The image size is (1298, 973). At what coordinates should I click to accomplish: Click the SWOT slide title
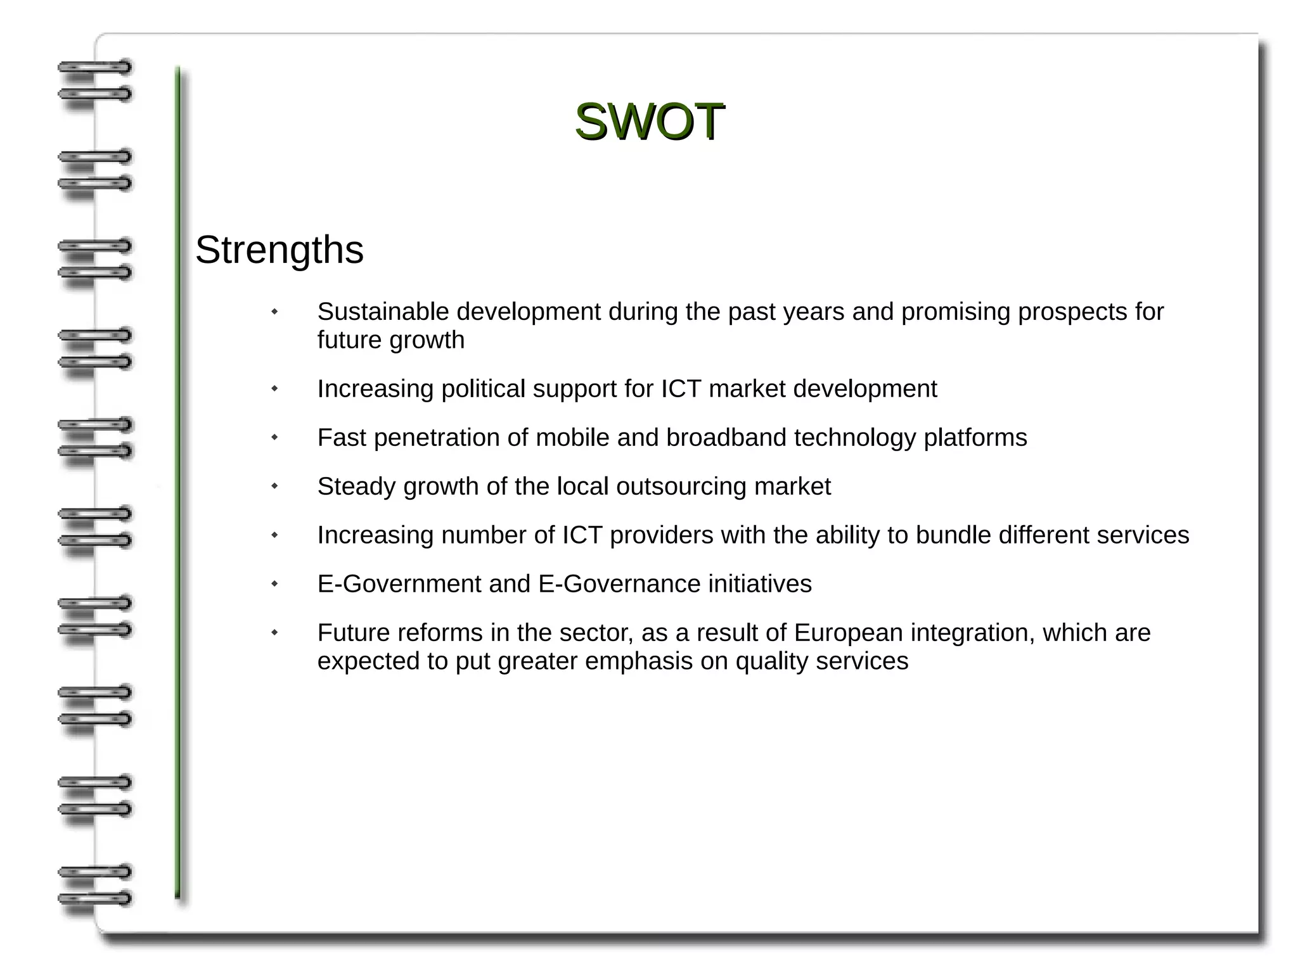649,121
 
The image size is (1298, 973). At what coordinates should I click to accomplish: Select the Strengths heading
280,250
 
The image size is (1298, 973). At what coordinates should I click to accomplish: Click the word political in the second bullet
483,389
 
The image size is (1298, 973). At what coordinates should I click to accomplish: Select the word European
848,633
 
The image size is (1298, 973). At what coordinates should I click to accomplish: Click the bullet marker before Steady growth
274,486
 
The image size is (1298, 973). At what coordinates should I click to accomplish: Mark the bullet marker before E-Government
274,583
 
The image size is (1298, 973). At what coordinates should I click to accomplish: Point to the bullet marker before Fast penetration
274,437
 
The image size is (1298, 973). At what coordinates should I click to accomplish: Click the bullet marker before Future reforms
274,632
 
